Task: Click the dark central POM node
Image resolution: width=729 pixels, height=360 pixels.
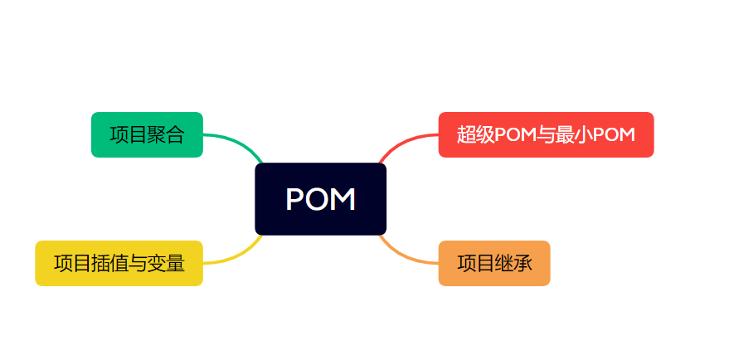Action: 320,198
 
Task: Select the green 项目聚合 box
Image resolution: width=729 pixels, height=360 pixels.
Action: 147,134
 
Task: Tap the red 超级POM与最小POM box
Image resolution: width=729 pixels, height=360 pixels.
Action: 546,134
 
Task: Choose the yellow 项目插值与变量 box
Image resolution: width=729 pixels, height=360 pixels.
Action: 119,263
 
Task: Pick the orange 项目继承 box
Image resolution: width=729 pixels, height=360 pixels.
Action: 493,263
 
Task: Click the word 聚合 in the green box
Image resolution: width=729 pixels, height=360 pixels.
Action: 165,134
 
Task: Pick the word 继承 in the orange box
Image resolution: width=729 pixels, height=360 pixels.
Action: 513,264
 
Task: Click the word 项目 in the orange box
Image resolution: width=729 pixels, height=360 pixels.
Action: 475,264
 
